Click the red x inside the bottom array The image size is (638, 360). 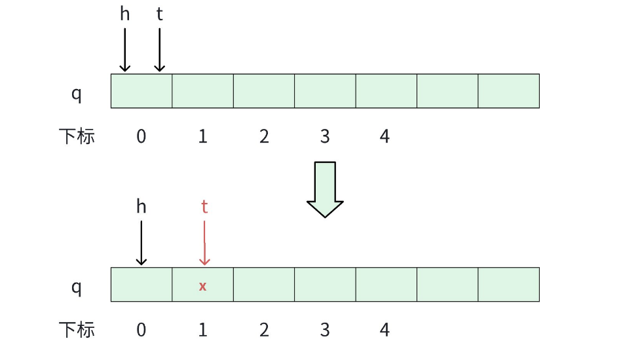pos(203,286)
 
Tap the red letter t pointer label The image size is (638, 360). pos(204,207)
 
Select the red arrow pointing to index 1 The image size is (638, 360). pos(204,242)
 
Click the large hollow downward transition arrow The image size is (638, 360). pos(325,189)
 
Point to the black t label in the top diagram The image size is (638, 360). pos(159,14)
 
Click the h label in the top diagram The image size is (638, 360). pos(124,14)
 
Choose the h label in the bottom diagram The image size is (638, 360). pos(141,207)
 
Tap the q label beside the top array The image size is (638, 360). pos(77,94)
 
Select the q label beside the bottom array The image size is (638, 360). pos(77,287)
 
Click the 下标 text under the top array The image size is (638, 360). pos(77,136)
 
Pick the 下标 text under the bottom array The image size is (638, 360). pos(77,329)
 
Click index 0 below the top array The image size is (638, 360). pos(141,136)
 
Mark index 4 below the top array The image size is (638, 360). pos(385,136)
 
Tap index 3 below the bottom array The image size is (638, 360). pos(325,329)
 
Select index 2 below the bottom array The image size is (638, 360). pos(264,329)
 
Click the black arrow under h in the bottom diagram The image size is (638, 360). pos(141,242)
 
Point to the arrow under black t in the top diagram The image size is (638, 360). pos(159,49)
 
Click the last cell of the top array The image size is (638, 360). pos(508,91)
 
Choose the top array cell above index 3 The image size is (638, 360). pos(325,91)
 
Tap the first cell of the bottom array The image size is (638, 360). pos(141,284)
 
